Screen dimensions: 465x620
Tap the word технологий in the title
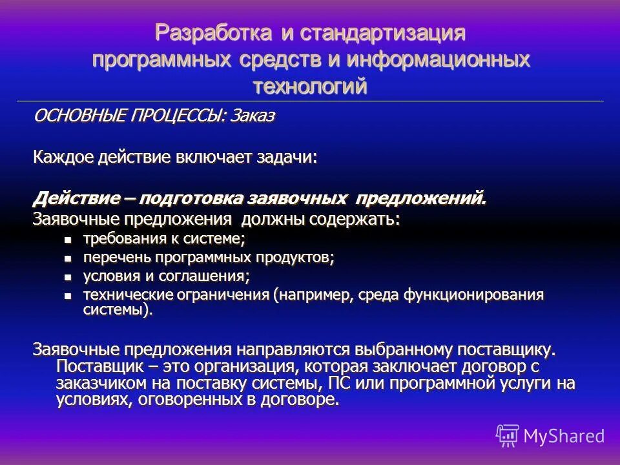[x=310, y=85]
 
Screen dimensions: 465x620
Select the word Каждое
[x=63, y=158]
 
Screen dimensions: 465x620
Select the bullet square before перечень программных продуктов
[x=68, y=258]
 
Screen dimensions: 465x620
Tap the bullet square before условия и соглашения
[x=68, y=277]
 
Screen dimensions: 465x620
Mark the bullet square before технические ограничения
[x=68, y=296]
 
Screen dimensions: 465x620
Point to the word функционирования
[x=474, y=296]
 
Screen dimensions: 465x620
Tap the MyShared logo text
[x=564, y=436]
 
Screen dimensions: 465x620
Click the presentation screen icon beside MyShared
[x=508, y=435]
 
